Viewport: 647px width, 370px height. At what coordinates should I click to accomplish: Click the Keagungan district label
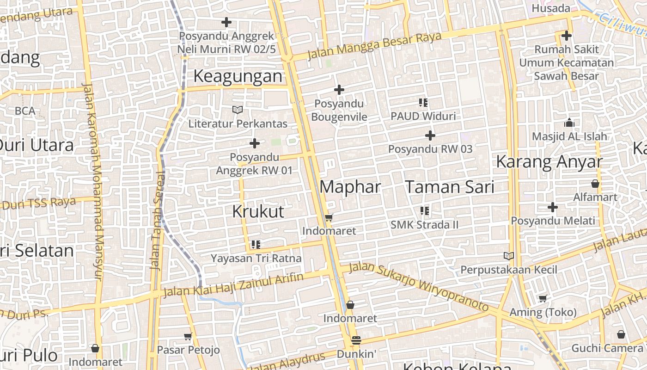pyautogui.click(x=238, y=76)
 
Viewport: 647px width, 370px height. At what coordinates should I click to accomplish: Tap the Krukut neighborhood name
pyautogui.click(x=258, y=211)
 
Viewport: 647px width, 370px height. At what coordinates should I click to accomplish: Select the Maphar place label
pyautogui.click(x=350, y=187)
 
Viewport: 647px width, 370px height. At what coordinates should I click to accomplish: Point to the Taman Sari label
pyautogui.click(x=450, y=187)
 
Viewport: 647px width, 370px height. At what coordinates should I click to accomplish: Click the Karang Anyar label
pyautogui.click(x=549, y=162)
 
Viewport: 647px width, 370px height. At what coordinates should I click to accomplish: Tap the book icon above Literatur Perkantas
pyautogui.click(x=238, y=110)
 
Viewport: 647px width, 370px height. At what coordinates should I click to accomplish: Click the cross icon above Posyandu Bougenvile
pyautogui.click(x=339, y=90)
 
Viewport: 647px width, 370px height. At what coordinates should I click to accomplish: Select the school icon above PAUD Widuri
pyautogui.click(x=423, y=103)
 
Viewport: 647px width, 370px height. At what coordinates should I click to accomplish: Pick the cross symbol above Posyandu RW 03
pyautogui.click(x=430, y=136)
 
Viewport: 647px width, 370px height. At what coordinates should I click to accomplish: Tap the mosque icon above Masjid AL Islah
pyautogui.click(x=569, y=123)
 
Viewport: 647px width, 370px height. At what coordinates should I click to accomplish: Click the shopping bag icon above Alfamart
pyautogui.click(x=595, y=184)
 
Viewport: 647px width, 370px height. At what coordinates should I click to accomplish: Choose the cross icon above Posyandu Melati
pyautogui.click(x=553, y=207)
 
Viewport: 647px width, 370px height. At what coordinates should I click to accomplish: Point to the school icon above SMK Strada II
pyautogui.click(x=424, y=211)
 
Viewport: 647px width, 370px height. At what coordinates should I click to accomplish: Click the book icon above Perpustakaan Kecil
pyautogui.click(x=508, y=256)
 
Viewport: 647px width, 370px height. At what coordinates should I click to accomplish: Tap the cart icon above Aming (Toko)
pyautogui.click(x=543, y=299)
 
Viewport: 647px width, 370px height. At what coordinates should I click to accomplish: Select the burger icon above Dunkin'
pyautogui.click(x=356, y=340)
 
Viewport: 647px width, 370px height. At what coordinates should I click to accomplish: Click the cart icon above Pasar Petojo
pyautogui.click(x=188, y=336)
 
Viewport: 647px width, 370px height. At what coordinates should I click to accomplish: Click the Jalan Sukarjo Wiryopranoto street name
pyautogui.click(x=418, y=287)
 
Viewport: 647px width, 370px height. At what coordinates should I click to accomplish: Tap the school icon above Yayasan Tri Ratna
pyautogui.click(x=256, y=244)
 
